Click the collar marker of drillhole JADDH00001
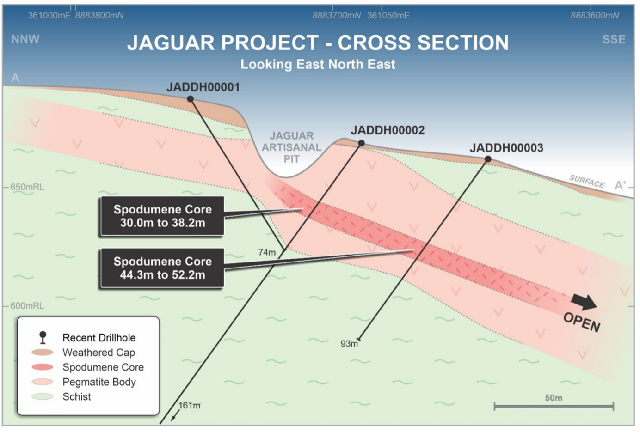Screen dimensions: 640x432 (x=190, y=99)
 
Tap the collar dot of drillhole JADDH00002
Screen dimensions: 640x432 (x=361, y=143)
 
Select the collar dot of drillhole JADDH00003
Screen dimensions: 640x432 (x=488, y=159)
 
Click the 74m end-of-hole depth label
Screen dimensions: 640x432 (x=267, y=252)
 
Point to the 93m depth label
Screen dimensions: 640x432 (x=349, y=343)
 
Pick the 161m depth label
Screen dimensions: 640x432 (x=189, y=405)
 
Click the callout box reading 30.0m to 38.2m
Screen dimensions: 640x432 (x=162, y=216)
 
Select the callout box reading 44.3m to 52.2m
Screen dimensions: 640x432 (x=162, y=268)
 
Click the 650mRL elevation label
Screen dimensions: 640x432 (x=27, y=187)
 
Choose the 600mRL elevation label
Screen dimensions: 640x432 (x=27, y=306)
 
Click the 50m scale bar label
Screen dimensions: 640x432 (x=554, y=398)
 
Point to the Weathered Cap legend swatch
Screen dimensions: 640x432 (x=42, y=353)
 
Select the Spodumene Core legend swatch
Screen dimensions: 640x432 (x=42, y=367)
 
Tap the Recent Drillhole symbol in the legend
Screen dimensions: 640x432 (x=43, y=337)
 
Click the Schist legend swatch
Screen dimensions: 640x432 (x=42, y=396)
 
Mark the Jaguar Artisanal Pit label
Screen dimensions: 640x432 (x=291, y=147)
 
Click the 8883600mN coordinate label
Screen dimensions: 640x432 (x=595, y=15)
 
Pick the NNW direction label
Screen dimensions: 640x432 (x=25, y=39)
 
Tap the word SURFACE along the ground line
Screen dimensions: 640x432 (x=587, y=181)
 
